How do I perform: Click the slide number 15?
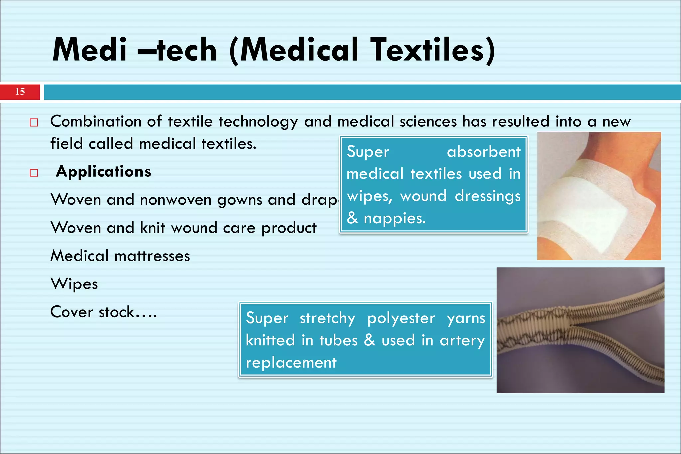pyautogui.click(x=20, y=92)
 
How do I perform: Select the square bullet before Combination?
pyautogui.click(x=34, y=123)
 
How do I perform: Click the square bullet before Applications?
pyautogui.click(x=34, y=173)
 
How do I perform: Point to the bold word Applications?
pyautogui.click(x=103, y=172)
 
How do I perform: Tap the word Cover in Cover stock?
pyautogui.click(x=71, y=312)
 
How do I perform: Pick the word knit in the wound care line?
pyautogui.click(x=153, y=228)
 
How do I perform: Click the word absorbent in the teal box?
pyautogui.click(x=483, y=152)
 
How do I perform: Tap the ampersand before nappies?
pyautogui.click(x=352, y=218)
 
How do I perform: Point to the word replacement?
pyautogui.click(x=291, y=363)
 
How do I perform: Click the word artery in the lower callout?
pyautogui.click(x=462, y=341)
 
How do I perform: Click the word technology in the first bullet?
pyautogui.click(x=258, y=122)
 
